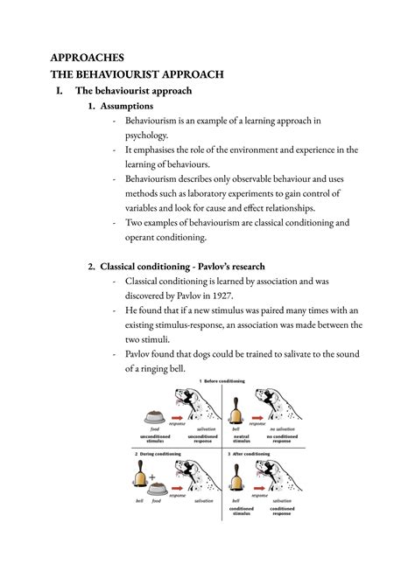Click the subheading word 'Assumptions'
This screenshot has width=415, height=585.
[x=130, y=106]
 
